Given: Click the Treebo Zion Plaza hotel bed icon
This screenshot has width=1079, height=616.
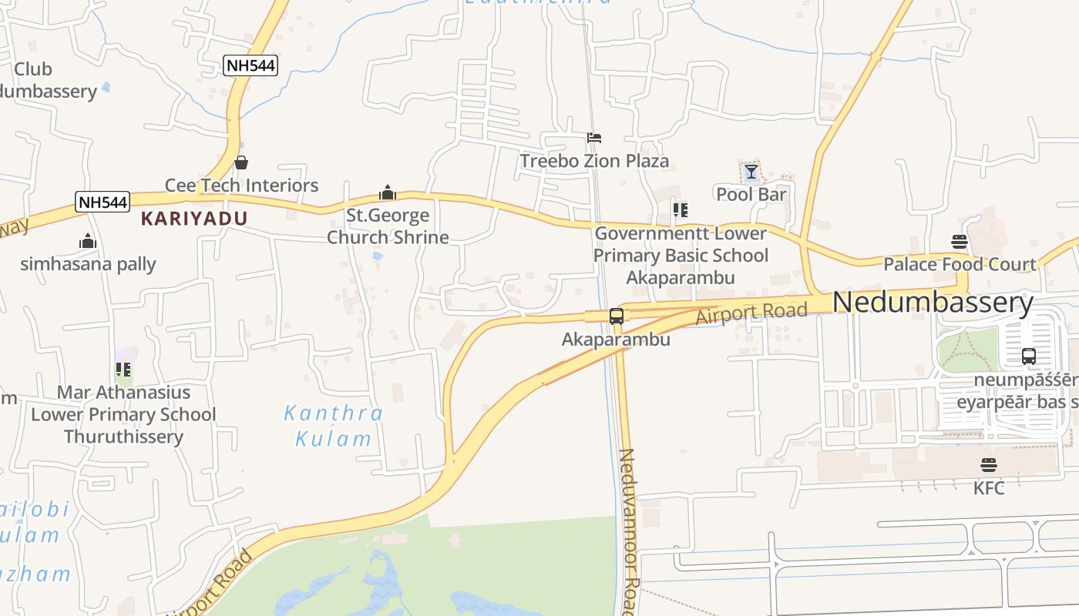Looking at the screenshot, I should tap(593, 139).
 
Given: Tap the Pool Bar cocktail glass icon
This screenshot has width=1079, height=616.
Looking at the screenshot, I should tap(751, 172).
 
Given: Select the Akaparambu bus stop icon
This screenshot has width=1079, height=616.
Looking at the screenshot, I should tap(617, 316).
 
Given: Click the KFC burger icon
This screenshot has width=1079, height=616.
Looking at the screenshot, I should tap(989, 465).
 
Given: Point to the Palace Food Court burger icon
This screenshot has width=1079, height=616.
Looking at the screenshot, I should tap(960, 242).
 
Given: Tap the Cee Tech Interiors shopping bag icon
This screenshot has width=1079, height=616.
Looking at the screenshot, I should tap(241, 162).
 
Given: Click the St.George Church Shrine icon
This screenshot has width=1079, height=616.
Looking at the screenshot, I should tap(388, 192).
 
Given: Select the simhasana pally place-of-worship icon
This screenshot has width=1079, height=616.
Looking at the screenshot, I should tap(88, 242).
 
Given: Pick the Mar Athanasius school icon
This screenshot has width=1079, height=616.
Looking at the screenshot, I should tap(123, 370).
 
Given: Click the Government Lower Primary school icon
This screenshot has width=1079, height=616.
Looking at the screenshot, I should tap(680, 209).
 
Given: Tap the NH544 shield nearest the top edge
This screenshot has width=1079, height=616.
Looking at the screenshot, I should tap(250, 65).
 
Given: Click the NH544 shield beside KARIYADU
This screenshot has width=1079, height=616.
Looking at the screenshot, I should tap(103, 203).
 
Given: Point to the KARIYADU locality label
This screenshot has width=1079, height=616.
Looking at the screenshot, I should tap(194, 219).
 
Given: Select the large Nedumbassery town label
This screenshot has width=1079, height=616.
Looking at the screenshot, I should tap(933, 303).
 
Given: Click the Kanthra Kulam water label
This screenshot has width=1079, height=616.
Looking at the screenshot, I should tap(334, 426).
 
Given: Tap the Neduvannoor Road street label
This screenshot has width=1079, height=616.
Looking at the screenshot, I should tap(629, 531).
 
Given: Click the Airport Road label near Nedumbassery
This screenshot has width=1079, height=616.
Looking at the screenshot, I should tap(751, 313).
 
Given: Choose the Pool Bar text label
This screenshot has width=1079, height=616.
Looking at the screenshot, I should tap(751, 194).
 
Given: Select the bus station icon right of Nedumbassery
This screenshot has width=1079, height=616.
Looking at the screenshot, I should tap(1029, 357).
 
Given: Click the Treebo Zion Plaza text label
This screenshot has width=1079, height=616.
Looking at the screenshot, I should tap(594, 161).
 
